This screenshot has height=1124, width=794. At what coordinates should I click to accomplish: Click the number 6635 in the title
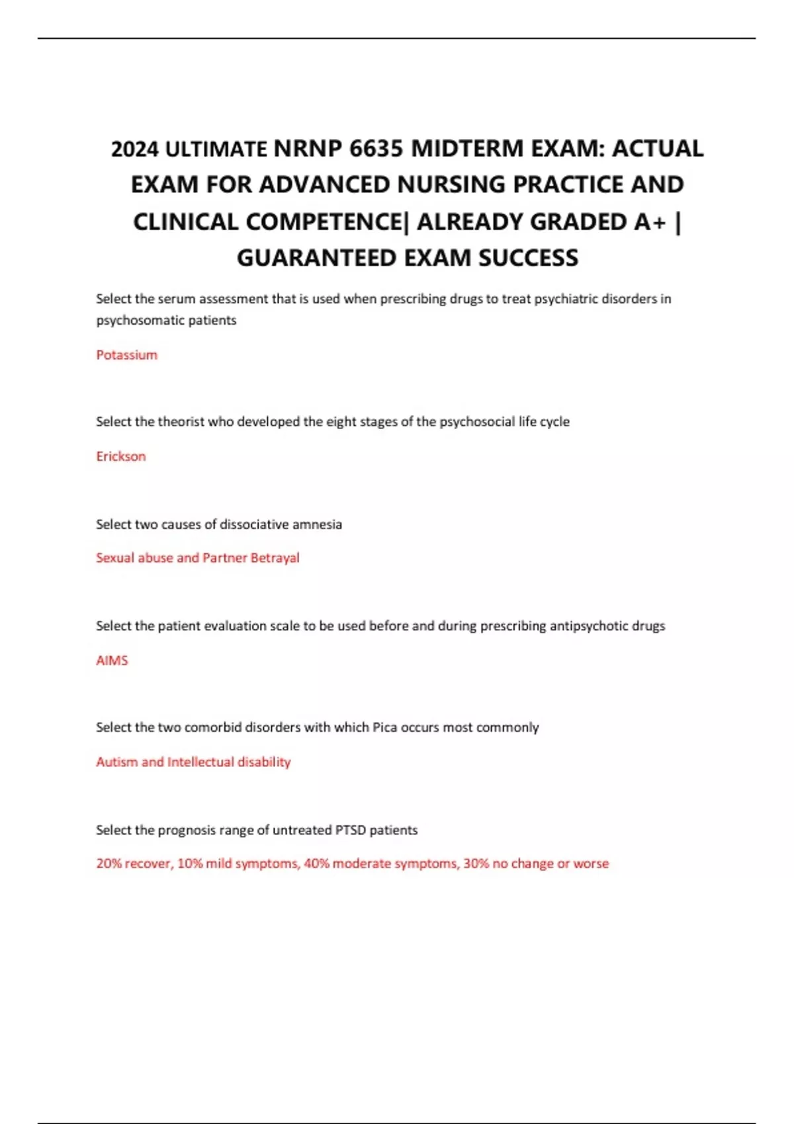[375, 149]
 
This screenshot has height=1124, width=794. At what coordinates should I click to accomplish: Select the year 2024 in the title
[135, 149]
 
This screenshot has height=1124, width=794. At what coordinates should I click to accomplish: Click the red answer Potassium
[127, 355]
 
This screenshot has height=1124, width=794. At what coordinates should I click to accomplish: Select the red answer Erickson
[121, 456]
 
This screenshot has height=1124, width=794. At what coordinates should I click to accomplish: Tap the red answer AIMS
[112, 661]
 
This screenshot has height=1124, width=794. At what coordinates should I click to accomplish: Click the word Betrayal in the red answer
[275, 558]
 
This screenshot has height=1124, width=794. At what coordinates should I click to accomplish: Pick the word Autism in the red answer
[116, 762]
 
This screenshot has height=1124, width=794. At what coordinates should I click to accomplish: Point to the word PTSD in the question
[350, 830]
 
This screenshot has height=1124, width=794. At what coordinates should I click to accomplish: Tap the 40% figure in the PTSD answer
[316, 863]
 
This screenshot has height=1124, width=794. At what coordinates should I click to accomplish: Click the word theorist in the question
[181, 422]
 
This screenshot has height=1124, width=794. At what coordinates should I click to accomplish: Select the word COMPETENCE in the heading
[267, 221]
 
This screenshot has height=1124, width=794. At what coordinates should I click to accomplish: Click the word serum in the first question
[177, 299]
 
